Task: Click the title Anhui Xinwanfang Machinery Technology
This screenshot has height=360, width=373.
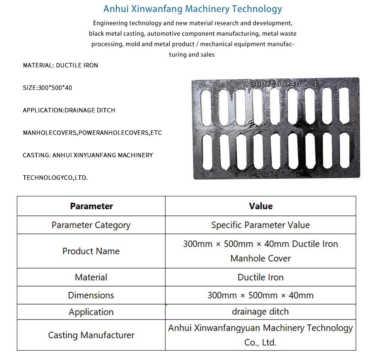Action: [192, 9]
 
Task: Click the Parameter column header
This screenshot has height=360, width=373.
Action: [91, 206]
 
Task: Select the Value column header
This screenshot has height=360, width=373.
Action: [261, 206]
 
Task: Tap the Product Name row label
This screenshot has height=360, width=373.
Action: [91, 251]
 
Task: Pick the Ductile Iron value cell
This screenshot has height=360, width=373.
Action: [261, 277]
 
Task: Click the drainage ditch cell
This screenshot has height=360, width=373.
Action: [261, 312]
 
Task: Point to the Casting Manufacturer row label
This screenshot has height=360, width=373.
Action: [91, 335]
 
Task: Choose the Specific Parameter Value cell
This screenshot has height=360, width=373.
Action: [261, 225]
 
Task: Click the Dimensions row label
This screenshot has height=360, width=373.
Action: [91, 295]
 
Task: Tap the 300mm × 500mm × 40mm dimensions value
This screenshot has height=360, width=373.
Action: [261, 295]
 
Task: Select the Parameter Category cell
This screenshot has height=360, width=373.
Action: [91, 225]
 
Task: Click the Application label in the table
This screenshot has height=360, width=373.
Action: [91, 312]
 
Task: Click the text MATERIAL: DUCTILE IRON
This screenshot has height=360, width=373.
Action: [60, 65]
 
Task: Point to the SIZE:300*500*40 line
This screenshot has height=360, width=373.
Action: [47, 88]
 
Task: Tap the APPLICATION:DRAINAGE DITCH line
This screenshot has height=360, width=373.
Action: [69, 110]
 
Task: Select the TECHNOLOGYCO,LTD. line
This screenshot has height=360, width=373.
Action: [55, 178]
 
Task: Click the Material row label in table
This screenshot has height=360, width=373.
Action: [91, 277]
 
